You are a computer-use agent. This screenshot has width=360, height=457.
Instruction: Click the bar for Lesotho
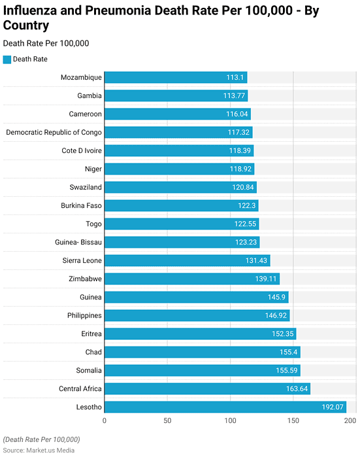coord(225,407)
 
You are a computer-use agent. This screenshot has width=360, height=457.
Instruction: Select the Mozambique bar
coord(175,77)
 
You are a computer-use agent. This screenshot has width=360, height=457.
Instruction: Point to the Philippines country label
coord(81,315)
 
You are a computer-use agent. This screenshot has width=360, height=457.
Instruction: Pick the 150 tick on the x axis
coord(293,421)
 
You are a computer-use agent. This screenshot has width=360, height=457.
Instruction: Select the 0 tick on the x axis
coord(105,421)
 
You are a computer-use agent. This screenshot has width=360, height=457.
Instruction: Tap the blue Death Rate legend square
coord(7,59)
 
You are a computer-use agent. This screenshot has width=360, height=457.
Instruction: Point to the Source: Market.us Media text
coord(39,450)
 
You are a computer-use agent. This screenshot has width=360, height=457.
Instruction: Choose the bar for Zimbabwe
coord(192,279)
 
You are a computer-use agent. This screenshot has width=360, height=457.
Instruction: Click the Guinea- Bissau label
coord(78,242)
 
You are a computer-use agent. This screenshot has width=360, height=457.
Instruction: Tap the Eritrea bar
coord(200,333)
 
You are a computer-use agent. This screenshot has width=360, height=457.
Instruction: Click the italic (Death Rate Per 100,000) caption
coord(42,439)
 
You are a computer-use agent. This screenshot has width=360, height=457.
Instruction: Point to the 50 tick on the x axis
coord(167,421)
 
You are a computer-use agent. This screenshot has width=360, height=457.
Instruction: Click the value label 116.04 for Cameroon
coord(235,114)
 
